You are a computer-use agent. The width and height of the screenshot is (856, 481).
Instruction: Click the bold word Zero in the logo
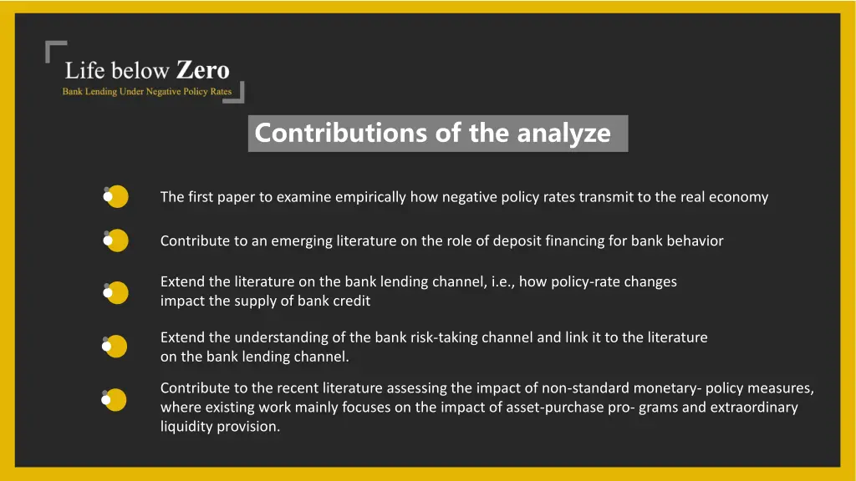pos(203,71)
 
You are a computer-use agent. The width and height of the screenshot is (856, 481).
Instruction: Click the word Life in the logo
pos(84,72)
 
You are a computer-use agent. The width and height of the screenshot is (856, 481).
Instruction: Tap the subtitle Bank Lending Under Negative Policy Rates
pos(147,92)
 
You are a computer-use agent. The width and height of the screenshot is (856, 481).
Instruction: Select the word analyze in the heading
pos(563,134)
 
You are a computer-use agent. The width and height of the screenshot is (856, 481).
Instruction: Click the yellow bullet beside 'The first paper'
pos(117,197)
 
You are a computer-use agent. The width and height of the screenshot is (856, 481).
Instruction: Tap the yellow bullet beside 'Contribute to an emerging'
pos(117,240)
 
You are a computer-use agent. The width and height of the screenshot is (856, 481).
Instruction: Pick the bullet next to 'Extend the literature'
pos(117,292)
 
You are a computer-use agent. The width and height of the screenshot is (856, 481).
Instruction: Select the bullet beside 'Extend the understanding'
pos(117,347)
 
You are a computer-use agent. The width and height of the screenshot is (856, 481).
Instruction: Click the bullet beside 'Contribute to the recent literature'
pos(117,400)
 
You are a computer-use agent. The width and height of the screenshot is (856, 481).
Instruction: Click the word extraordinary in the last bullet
pos(754,408)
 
